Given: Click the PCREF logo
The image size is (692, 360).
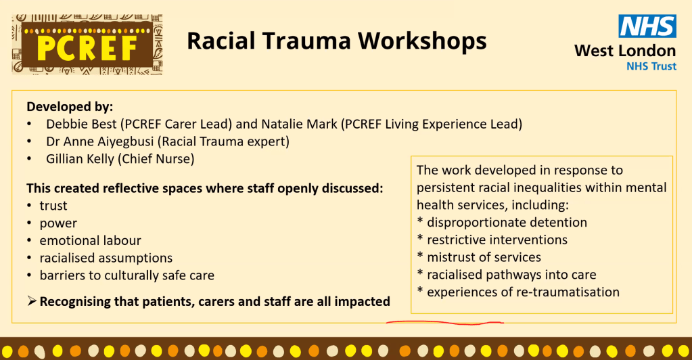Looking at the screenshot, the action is pos(87,45).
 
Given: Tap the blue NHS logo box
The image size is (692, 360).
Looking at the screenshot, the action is pos(647,26).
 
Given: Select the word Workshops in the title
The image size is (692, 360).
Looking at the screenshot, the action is pos(422,41).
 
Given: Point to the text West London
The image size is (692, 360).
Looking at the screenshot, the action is pos(625,51).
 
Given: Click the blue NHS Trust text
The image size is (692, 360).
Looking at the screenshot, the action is pos(651,66).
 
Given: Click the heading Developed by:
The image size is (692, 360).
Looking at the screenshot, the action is pos(70,107).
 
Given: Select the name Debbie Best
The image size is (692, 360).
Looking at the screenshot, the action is pos(82,124).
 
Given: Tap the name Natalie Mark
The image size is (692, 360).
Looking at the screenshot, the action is pos(299,124).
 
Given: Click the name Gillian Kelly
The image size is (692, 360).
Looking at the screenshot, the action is pos(80,159).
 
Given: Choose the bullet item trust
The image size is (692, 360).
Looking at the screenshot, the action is pos(53,206).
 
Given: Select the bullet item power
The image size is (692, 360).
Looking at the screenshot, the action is pos(58,224).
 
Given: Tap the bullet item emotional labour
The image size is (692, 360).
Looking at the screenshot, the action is pos(91,241).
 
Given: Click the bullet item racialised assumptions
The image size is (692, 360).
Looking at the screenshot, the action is pos(106,258).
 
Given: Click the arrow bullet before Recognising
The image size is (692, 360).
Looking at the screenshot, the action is pos(31,301).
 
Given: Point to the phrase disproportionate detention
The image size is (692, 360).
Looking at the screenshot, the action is pos(507,222).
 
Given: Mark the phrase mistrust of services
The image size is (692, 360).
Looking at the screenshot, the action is pos(484,257).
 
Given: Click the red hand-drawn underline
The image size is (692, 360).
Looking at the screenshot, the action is pos(445,323).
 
